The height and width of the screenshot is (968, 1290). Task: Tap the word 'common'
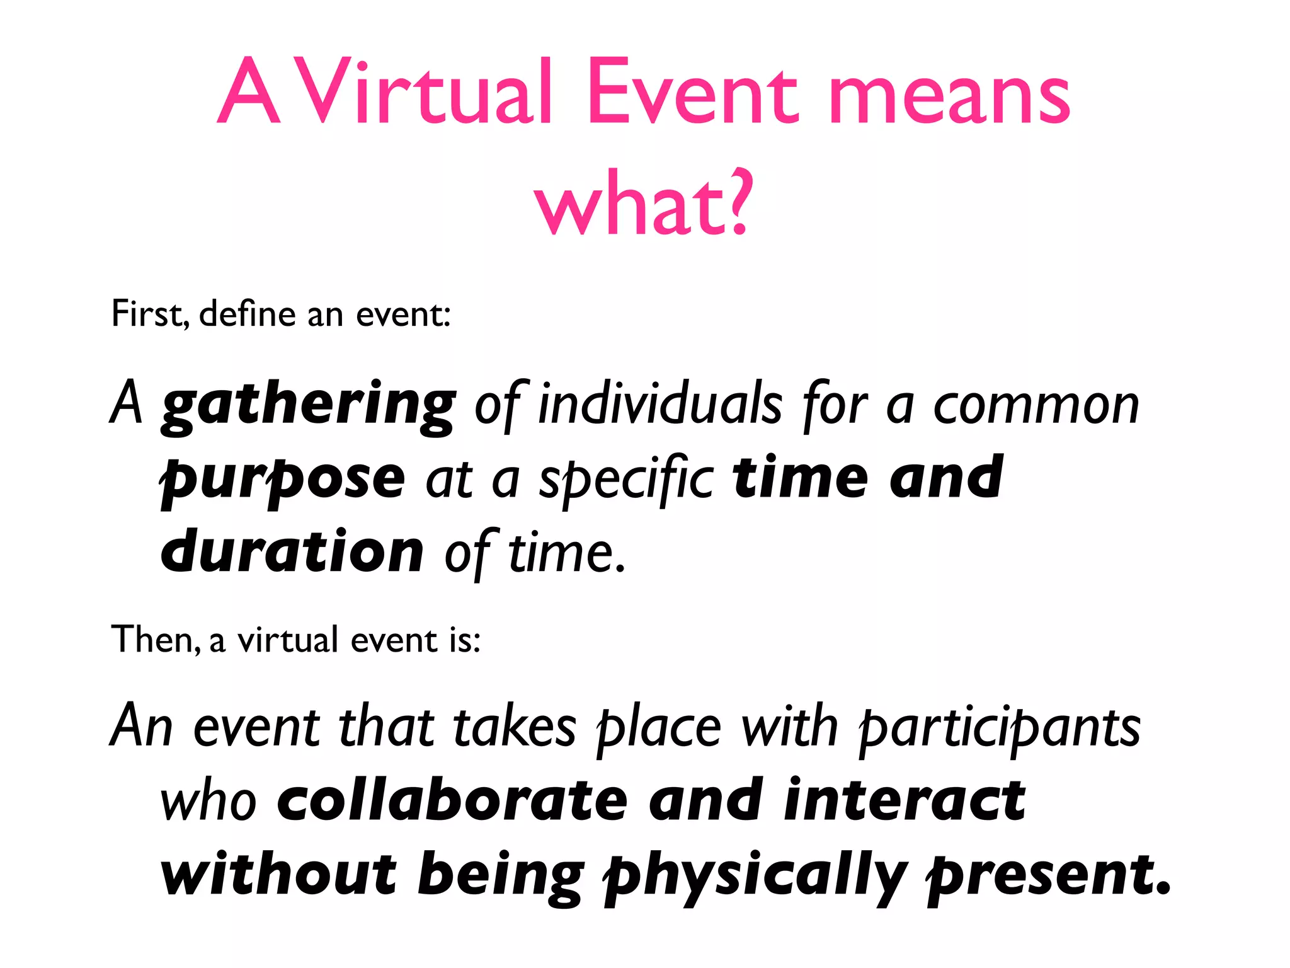coord(1036,406)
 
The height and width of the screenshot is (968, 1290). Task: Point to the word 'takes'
coord(514,728)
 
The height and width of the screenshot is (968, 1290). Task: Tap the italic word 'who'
coord(208,802)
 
